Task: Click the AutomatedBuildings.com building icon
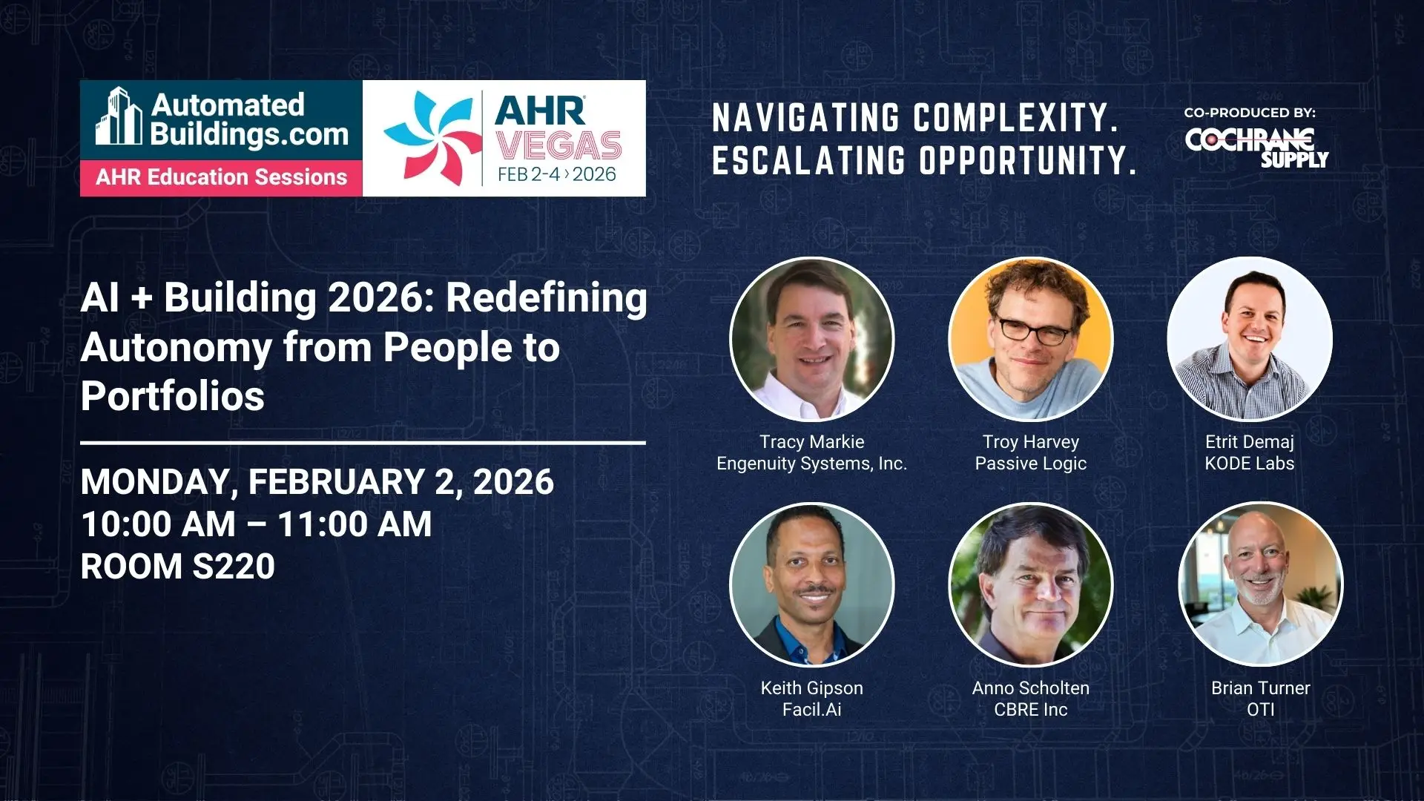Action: (118, 116)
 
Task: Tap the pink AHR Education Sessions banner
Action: (221, 178)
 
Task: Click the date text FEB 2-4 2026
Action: (557, 174)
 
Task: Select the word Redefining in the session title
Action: (547, 298)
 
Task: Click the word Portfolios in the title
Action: (173, 396)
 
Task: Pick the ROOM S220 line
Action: (178, 567)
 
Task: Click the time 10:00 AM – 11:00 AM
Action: (257, 524)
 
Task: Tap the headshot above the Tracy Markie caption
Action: (812, 339)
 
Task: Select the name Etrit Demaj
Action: (1250, 442)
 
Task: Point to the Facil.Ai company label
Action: (812, 710)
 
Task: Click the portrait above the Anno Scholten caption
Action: (1031, 585)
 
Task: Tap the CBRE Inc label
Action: (1031, 710)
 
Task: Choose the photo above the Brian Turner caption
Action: (1261, 585)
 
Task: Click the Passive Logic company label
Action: (1031, 464)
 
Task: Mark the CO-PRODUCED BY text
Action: (1250, 113)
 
